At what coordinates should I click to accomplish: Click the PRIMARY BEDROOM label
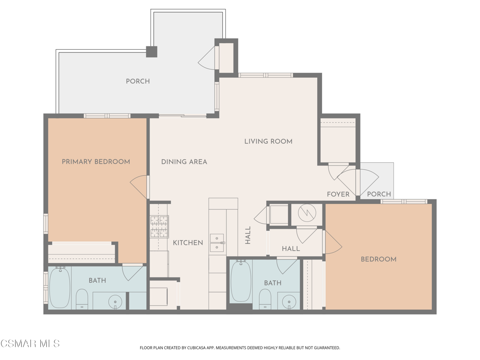point(96,162)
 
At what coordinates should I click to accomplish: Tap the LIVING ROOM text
point(268,141)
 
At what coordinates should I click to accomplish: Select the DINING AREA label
point(184,162)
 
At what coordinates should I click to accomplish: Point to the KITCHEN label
point(187,243)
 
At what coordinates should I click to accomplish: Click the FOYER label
point(338,194)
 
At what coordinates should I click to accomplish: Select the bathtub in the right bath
point(240,281)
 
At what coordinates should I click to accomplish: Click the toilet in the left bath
point(82,299)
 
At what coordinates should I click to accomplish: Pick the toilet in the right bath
point(265,299)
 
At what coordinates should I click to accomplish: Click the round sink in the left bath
point(115,302)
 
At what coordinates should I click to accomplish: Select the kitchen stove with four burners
point(159,226)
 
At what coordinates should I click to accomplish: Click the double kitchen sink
point(217,243)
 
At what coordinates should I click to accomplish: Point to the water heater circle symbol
point(307,214)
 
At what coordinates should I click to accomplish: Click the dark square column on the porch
point(151,52)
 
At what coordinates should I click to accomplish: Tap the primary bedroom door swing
point(139,187)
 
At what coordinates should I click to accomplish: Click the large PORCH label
point(138,81)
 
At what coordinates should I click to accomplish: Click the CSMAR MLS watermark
point(30,344)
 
